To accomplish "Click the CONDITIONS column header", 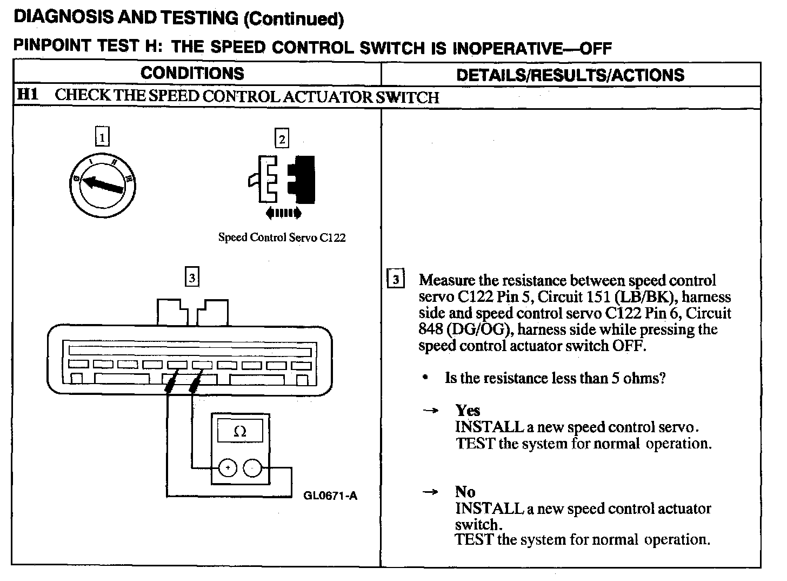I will tap(192, 74).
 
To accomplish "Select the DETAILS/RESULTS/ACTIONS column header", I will tap(570, 75).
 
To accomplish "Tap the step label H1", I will tap(28, 95).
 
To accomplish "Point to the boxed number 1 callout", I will tap(102, 136).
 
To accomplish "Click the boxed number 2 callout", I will tap(282, 139).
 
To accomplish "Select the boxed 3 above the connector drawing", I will tap(192, 278).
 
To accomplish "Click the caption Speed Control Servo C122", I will tap(282, 237).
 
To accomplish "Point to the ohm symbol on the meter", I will tap(239, 432).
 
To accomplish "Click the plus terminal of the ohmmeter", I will tap(228, 468).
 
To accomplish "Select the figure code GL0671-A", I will tap(330, 495).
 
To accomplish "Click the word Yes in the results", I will tap(468, 410).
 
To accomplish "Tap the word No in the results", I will tap(465, 492).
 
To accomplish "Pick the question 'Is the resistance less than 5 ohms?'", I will tap(555, 378).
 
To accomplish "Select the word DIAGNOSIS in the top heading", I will tap(63, 17).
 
